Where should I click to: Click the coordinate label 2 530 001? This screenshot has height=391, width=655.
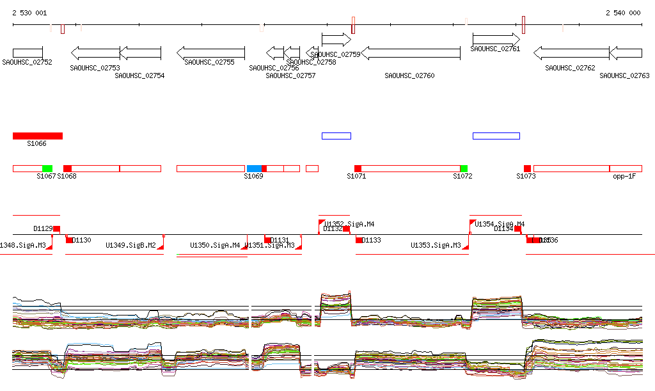point(29,13)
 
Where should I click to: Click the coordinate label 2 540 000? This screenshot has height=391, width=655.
point(623,13)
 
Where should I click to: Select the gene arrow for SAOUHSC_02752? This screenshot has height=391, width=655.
point(28,52)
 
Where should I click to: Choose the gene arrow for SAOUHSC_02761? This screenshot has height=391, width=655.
point(496,39)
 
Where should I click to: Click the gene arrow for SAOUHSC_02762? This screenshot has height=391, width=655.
point(571,52)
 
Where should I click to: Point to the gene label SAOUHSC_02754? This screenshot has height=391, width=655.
point(139,76)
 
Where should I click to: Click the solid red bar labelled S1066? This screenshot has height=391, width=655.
point(38,136)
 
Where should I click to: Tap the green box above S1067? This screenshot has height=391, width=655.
point(47,168)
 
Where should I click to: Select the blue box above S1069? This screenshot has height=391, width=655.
point(254,168)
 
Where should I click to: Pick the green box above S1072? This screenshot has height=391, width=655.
point(464,168)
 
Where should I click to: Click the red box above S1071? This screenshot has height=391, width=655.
point(358,168)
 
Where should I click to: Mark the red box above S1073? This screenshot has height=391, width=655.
point(527,168)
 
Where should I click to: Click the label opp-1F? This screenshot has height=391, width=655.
point(624,176)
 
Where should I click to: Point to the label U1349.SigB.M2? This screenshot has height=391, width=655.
point(130,245)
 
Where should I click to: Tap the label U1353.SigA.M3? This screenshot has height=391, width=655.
point(436,245)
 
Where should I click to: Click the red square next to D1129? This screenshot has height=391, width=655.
point(56,228)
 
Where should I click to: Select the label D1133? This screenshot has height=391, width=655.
point(371,241)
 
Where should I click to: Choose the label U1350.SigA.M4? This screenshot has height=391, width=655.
point(215,245)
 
